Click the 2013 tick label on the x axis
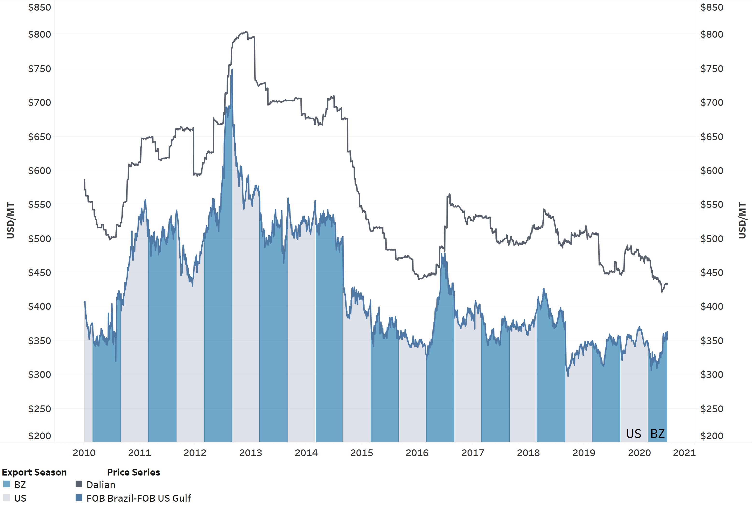(250, 453)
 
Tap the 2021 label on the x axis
(684, 453)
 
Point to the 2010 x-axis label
(84, 453)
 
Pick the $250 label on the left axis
(40, 409)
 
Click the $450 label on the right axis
(712, 273)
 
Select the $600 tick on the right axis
(712, 170)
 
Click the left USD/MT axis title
(11, 221)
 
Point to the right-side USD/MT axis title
(742, 221)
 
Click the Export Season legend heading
(34, 472)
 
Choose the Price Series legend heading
(133, 472)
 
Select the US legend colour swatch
(7, 498)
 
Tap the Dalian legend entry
(100, 485)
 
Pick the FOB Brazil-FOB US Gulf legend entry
(138, 498)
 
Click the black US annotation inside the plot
(633, 434)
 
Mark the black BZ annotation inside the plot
(657, 434)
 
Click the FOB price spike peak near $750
(232, 70)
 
